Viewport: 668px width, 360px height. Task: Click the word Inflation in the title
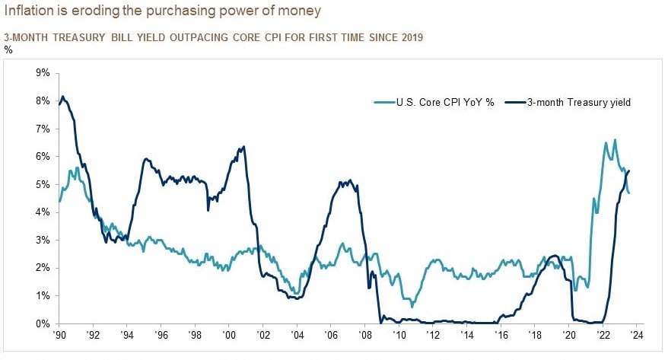[30, 12]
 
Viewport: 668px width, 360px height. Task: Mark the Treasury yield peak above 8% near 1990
[62, 97]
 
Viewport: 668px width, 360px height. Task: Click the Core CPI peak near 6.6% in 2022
[615, 140]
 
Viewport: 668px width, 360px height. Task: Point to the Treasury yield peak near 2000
[243, 147]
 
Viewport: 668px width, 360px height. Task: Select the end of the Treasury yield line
[629, 170]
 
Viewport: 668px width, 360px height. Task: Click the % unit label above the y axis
[8, 49]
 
